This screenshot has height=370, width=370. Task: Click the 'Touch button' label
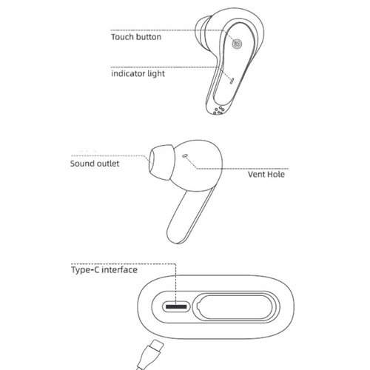(x=136, y=37)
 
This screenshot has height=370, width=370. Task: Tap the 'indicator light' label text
(x=138, y=73)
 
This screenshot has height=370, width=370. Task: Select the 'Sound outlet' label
(x=95, y=164)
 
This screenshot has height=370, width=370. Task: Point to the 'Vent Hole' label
(x=266, y=175)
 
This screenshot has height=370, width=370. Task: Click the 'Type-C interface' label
(x=104, y=269)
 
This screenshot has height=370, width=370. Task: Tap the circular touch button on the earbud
(x=237, y=44)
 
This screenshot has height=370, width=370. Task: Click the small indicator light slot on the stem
(x=232, y=81)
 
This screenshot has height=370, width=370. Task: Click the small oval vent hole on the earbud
(x=185, y=155)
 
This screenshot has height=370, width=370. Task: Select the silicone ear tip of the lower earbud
(x=161, y=162)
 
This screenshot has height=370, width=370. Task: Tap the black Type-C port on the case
(x=176, y=306)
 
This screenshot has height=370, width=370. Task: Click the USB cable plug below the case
(x=149, y=354)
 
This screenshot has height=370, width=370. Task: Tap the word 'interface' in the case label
(x=120, y=269)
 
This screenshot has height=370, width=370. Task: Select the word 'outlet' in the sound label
(x=108, y=164)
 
